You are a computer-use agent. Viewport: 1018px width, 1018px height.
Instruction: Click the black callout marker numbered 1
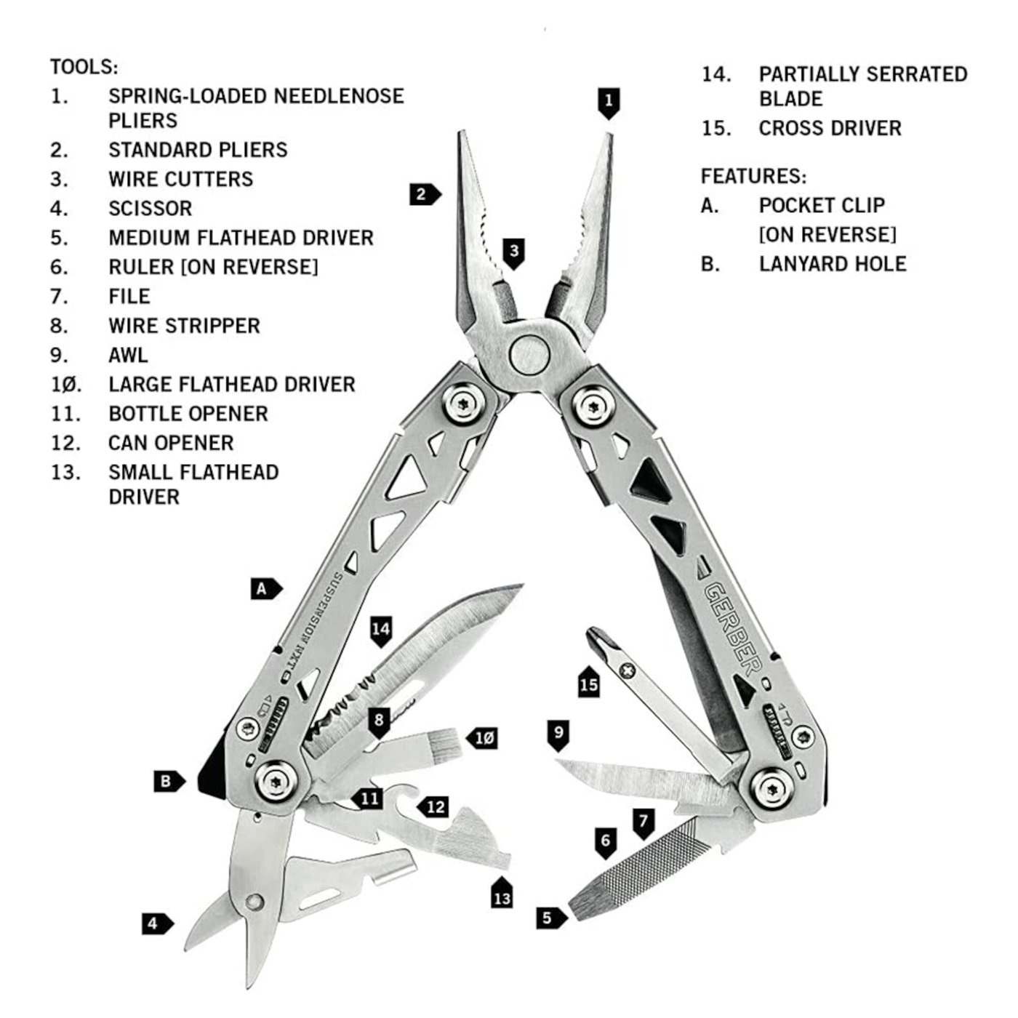click(x=609, y=102)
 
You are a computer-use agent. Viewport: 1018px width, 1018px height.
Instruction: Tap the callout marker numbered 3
click(x=514, y=253)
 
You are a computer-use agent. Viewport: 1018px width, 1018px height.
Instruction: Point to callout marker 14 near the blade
click(x=381, y=630)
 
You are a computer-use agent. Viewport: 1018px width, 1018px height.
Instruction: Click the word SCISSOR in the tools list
click(x=151, y=209)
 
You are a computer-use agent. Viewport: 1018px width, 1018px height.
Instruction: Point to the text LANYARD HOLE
click(x=833, y=264)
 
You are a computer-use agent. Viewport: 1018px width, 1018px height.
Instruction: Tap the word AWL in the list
click(x=128, y=356)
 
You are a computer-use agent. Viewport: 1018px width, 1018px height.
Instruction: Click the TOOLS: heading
click(x=84, y=68)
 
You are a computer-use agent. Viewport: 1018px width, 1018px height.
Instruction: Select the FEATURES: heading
click(x=753, y=177)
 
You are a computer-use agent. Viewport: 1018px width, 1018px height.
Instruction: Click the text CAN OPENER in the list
click(x=171, y=443)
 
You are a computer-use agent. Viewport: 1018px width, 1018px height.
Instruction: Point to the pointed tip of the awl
click(x=558, y=763)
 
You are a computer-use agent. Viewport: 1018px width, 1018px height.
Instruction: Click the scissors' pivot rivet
click(x=253, y=902)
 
